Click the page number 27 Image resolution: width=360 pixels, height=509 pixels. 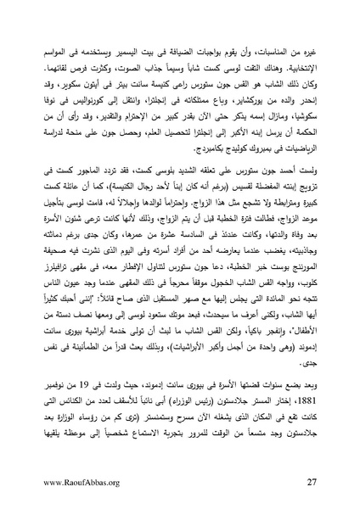click(x=312, y=484)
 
